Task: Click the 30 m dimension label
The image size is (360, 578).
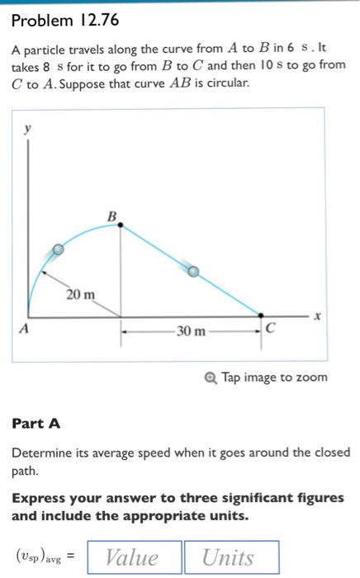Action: click(x=191, y=332)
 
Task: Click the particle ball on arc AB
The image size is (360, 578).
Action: click(x=57, y=249)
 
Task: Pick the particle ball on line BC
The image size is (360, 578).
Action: click(x=193, y=270)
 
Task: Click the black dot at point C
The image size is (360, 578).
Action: click(x=261, y=315)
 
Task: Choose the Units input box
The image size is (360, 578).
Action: click(x=231, y=557)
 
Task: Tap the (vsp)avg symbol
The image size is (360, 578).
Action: click(x=41, y=558)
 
